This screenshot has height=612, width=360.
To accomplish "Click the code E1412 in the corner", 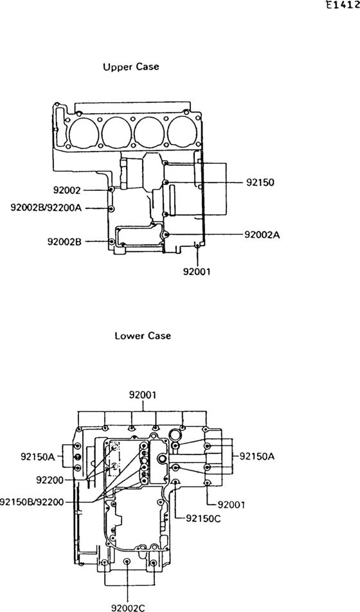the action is click(x=343, y=6).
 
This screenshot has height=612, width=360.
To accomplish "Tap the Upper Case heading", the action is click(x=130, y=67).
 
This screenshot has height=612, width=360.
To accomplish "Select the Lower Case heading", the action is click(x=143, y=336).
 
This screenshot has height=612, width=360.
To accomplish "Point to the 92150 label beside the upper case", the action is click(x=260, y=183).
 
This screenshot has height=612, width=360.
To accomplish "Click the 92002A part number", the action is click(x=262, y=235).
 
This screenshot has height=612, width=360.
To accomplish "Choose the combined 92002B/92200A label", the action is click(x=46, y=208).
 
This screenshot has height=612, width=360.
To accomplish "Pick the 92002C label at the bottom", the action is click(x=128, y=607).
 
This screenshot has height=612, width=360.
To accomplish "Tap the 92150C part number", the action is click(x=203, y=518).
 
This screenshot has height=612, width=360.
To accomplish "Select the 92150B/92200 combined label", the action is click(x=32, y=501).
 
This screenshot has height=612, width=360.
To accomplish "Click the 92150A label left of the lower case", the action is click(x=38, y=456).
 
